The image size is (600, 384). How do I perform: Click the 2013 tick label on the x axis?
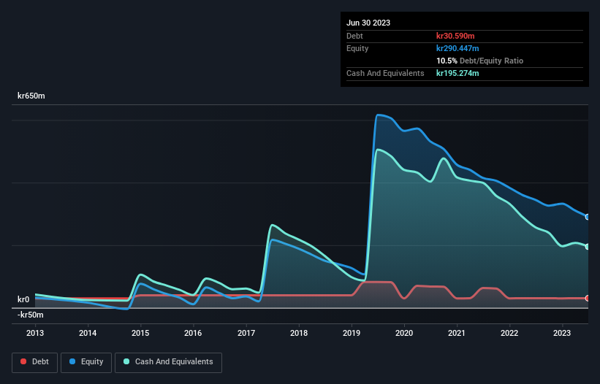tap(35, 333)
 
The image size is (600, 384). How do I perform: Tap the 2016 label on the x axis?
tap(193, 333)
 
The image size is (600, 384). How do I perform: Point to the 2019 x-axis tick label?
tap(352, 333)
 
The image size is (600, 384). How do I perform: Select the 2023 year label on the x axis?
tap(562, 333)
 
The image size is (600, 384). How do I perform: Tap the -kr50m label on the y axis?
tap(31, 315)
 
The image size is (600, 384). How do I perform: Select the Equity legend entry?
tap(86, 362)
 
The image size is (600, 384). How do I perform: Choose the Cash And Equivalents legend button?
tap(168, 362)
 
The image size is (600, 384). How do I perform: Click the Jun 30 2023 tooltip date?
tap(368, 23)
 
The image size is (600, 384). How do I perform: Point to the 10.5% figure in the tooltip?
tap(447, 61)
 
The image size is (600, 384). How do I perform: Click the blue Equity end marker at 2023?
tap(588, 217)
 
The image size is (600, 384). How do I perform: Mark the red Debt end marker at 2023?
tap(588, 298)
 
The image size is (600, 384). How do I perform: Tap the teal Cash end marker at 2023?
tap(588, 247)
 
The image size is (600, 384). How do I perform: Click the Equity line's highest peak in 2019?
tap(378, 115)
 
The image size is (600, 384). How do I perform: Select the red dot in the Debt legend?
tap(24, 362)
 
